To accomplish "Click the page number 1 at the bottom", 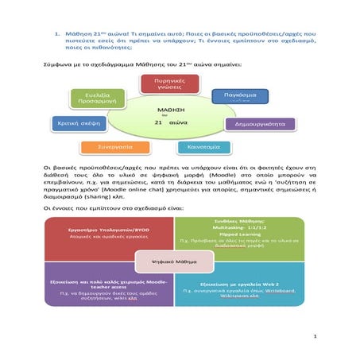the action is (x=315, y=336).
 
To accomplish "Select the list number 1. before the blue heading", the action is (x=57, y=35).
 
